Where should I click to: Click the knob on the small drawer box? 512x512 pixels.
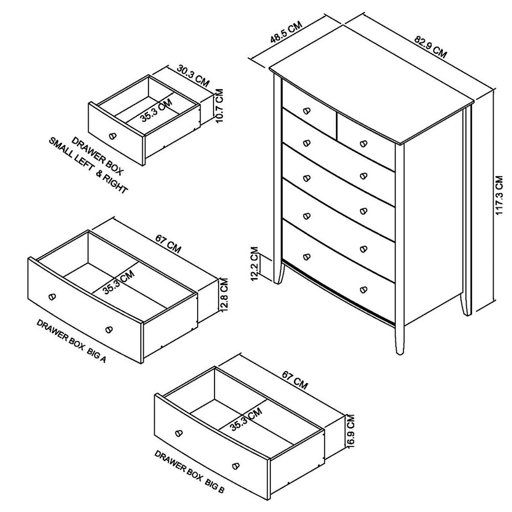[113, 135]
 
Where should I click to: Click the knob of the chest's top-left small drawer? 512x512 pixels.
[305, 111]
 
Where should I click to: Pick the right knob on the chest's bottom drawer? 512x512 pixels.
[364, 289]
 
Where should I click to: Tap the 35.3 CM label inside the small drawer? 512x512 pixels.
[156, 110]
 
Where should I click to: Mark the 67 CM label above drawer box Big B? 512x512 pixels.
[294, 379]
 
